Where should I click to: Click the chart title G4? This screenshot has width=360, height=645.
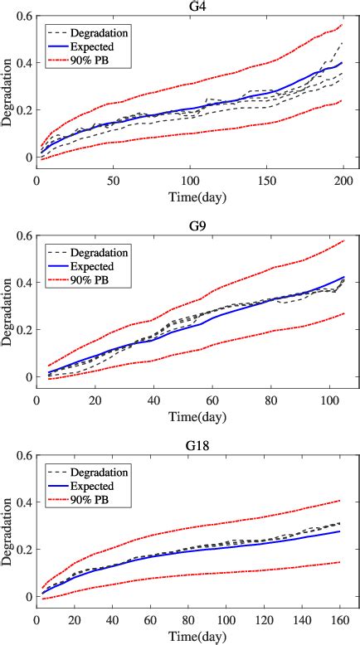(189, 7)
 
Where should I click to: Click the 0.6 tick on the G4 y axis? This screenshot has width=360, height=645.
(20, 17)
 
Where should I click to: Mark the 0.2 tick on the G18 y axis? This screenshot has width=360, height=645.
(20, 549)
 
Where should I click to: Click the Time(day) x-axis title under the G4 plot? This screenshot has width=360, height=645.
(189, 196)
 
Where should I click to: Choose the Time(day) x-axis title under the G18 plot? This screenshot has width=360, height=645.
(189, 635)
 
